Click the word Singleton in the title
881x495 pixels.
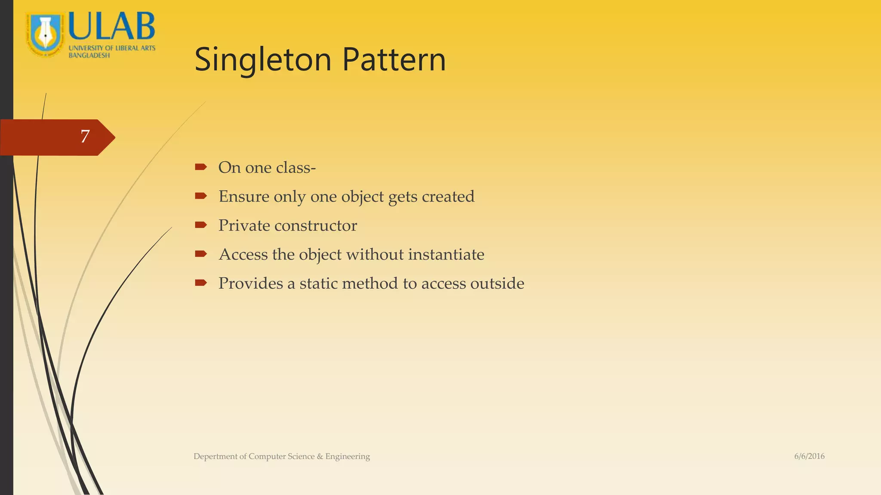[x=263, y=60]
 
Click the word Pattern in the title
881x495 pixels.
[x=394, y=60]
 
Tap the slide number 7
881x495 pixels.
[x=85, y=137]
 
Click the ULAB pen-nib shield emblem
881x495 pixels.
[x=45, y=34]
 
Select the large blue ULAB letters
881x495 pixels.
[x=112, y=27]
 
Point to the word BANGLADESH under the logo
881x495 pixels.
[x=89, y=55]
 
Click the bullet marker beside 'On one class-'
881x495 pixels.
[x=200, y=167]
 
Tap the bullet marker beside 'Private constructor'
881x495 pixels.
[x=200, y=225]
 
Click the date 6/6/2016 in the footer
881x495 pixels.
[x=809, y=456]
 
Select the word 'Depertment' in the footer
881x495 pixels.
[x=215, y=456]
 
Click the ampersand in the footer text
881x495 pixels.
[x=320, y=456]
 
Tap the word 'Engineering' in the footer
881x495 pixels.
[x=348, y=456]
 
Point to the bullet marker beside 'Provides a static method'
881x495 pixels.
[x=200, y=283]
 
